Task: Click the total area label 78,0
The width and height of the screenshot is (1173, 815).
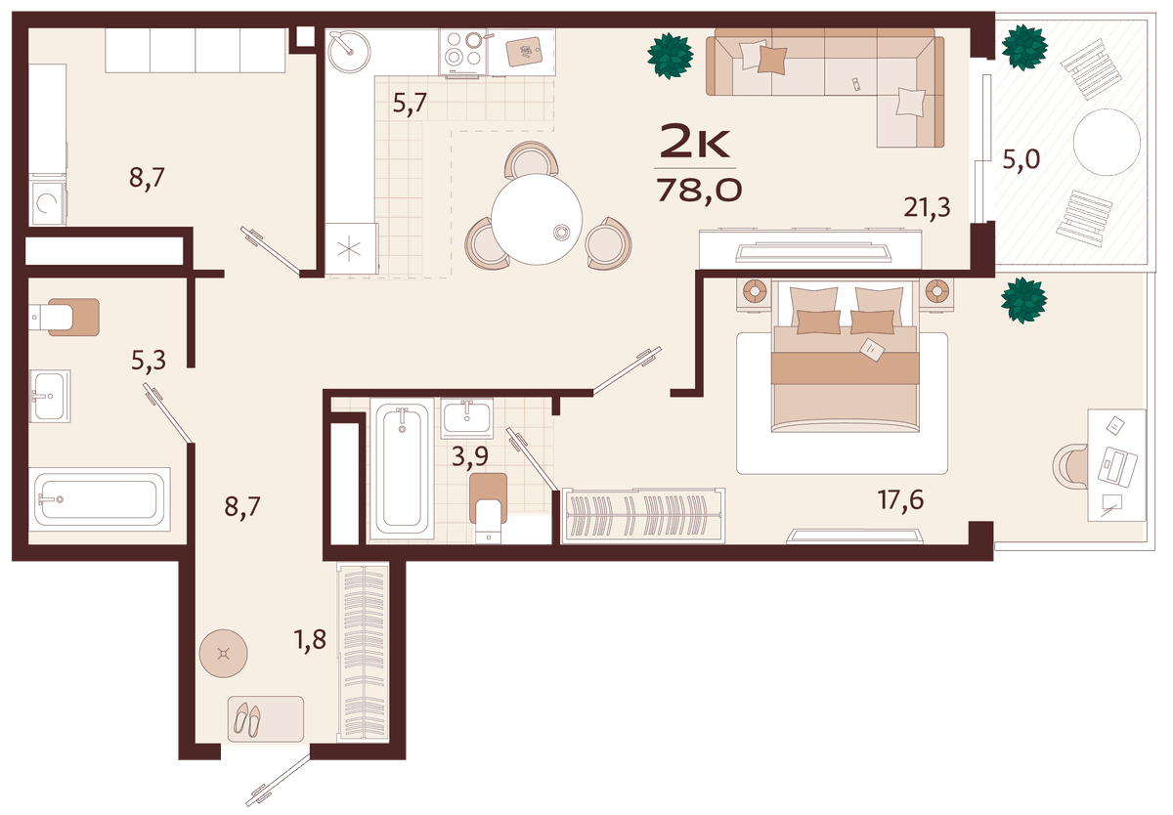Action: click(699, 190)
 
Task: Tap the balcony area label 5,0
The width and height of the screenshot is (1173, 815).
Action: click(1021, 159)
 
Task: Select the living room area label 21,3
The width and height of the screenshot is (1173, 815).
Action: click(927, 207)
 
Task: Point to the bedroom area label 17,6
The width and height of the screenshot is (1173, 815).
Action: click(900, 499)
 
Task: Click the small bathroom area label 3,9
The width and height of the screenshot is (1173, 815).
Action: click(470, 456)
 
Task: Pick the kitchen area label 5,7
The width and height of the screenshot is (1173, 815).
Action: click(410, 104)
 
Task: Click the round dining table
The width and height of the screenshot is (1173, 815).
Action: click(537, 219)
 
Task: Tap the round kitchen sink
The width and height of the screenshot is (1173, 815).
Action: click(349, 51)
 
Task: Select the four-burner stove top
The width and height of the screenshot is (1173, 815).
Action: click(463, 51)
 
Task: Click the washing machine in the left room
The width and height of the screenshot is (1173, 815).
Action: click(48, 203)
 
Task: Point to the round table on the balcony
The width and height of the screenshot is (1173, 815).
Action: click(1107, 142)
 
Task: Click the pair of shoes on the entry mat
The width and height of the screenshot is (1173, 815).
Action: click(247, 719)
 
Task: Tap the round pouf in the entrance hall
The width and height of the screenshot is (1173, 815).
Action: click(224, 653)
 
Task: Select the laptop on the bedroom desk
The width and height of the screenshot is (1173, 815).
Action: click(1117, 466)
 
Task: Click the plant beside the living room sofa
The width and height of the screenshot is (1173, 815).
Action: click(671, 56)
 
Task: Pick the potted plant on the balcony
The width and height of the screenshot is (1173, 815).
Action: click(1024, 47)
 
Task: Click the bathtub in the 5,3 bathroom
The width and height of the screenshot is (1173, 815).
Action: click(100, 499)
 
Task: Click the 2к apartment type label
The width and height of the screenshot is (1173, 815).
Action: click(695, 142)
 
